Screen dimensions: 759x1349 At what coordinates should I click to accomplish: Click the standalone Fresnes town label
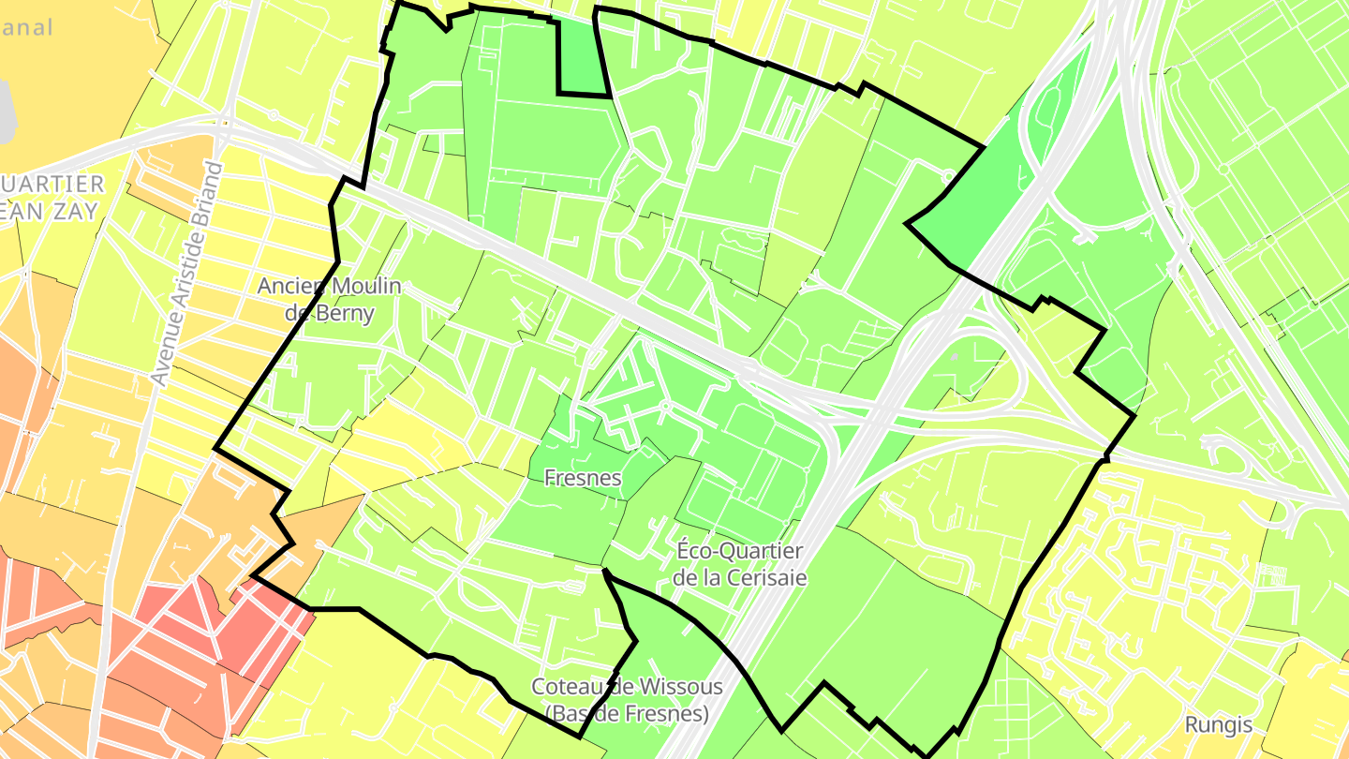click(x=583, y=478)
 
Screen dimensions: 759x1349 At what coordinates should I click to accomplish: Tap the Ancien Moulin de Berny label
click(x=330, y=299)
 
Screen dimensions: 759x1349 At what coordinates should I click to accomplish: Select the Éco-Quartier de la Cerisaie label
click(x=739, y=563)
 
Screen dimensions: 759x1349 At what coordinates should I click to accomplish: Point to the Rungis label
click(x=1218, y=724)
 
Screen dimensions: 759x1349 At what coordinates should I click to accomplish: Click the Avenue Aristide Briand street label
click(x=188, y=275)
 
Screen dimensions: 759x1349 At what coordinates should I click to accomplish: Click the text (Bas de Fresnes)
click(x=627, y=713)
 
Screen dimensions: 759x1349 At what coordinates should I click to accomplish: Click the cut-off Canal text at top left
click(x=26, y=27)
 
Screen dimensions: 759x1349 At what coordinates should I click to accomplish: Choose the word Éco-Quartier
click(x=739, y=550)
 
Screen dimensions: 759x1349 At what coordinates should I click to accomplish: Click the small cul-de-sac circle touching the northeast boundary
click(x=947, y=175)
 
